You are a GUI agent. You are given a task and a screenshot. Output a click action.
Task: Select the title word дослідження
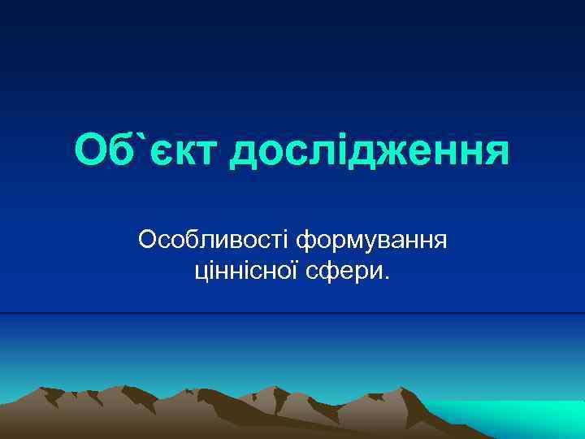pyautogui.click(x=370, y=151)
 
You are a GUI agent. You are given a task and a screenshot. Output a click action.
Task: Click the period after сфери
pyautogui.click(x=387, y=279)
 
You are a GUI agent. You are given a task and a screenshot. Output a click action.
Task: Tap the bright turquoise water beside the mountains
pyautogui.click(x=520, y=415)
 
